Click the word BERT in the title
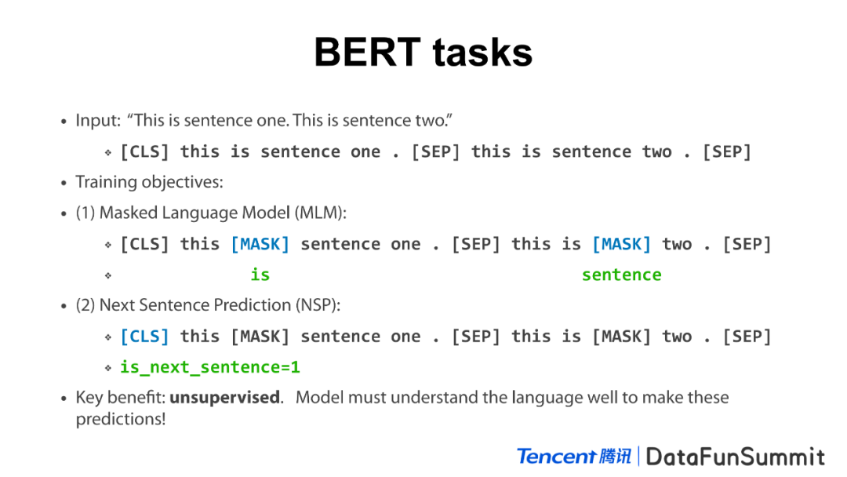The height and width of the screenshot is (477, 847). pos(367,53)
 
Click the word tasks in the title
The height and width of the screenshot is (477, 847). pos(482,53)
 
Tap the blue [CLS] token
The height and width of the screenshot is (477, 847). pos(144,337)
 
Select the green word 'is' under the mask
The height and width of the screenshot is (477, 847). pos(260,275)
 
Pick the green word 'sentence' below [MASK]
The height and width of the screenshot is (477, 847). pos(621,275)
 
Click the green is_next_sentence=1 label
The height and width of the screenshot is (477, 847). pos(209,367)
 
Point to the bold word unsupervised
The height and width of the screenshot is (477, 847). pos(226,398)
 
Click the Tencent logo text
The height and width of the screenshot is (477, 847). pos(556,457)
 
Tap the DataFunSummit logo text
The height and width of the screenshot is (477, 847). pos(735,457)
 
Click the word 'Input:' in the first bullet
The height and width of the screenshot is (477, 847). pos(98,121)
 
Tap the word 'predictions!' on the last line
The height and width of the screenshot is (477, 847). pos(121,419)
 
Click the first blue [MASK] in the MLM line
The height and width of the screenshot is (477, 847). pos(260,244)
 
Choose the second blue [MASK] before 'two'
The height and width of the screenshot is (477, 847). pos(622,244)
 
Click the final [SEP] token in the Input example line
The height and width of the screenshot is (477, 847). pos(726,151)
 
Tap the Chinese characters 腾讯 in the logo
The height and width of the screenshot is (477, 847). pos(615,457)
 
